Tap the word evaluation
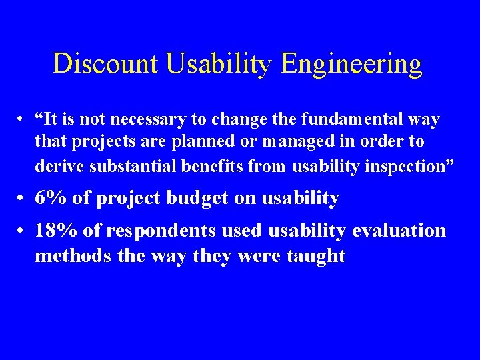pyautogui.click(x=399, y=231)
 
